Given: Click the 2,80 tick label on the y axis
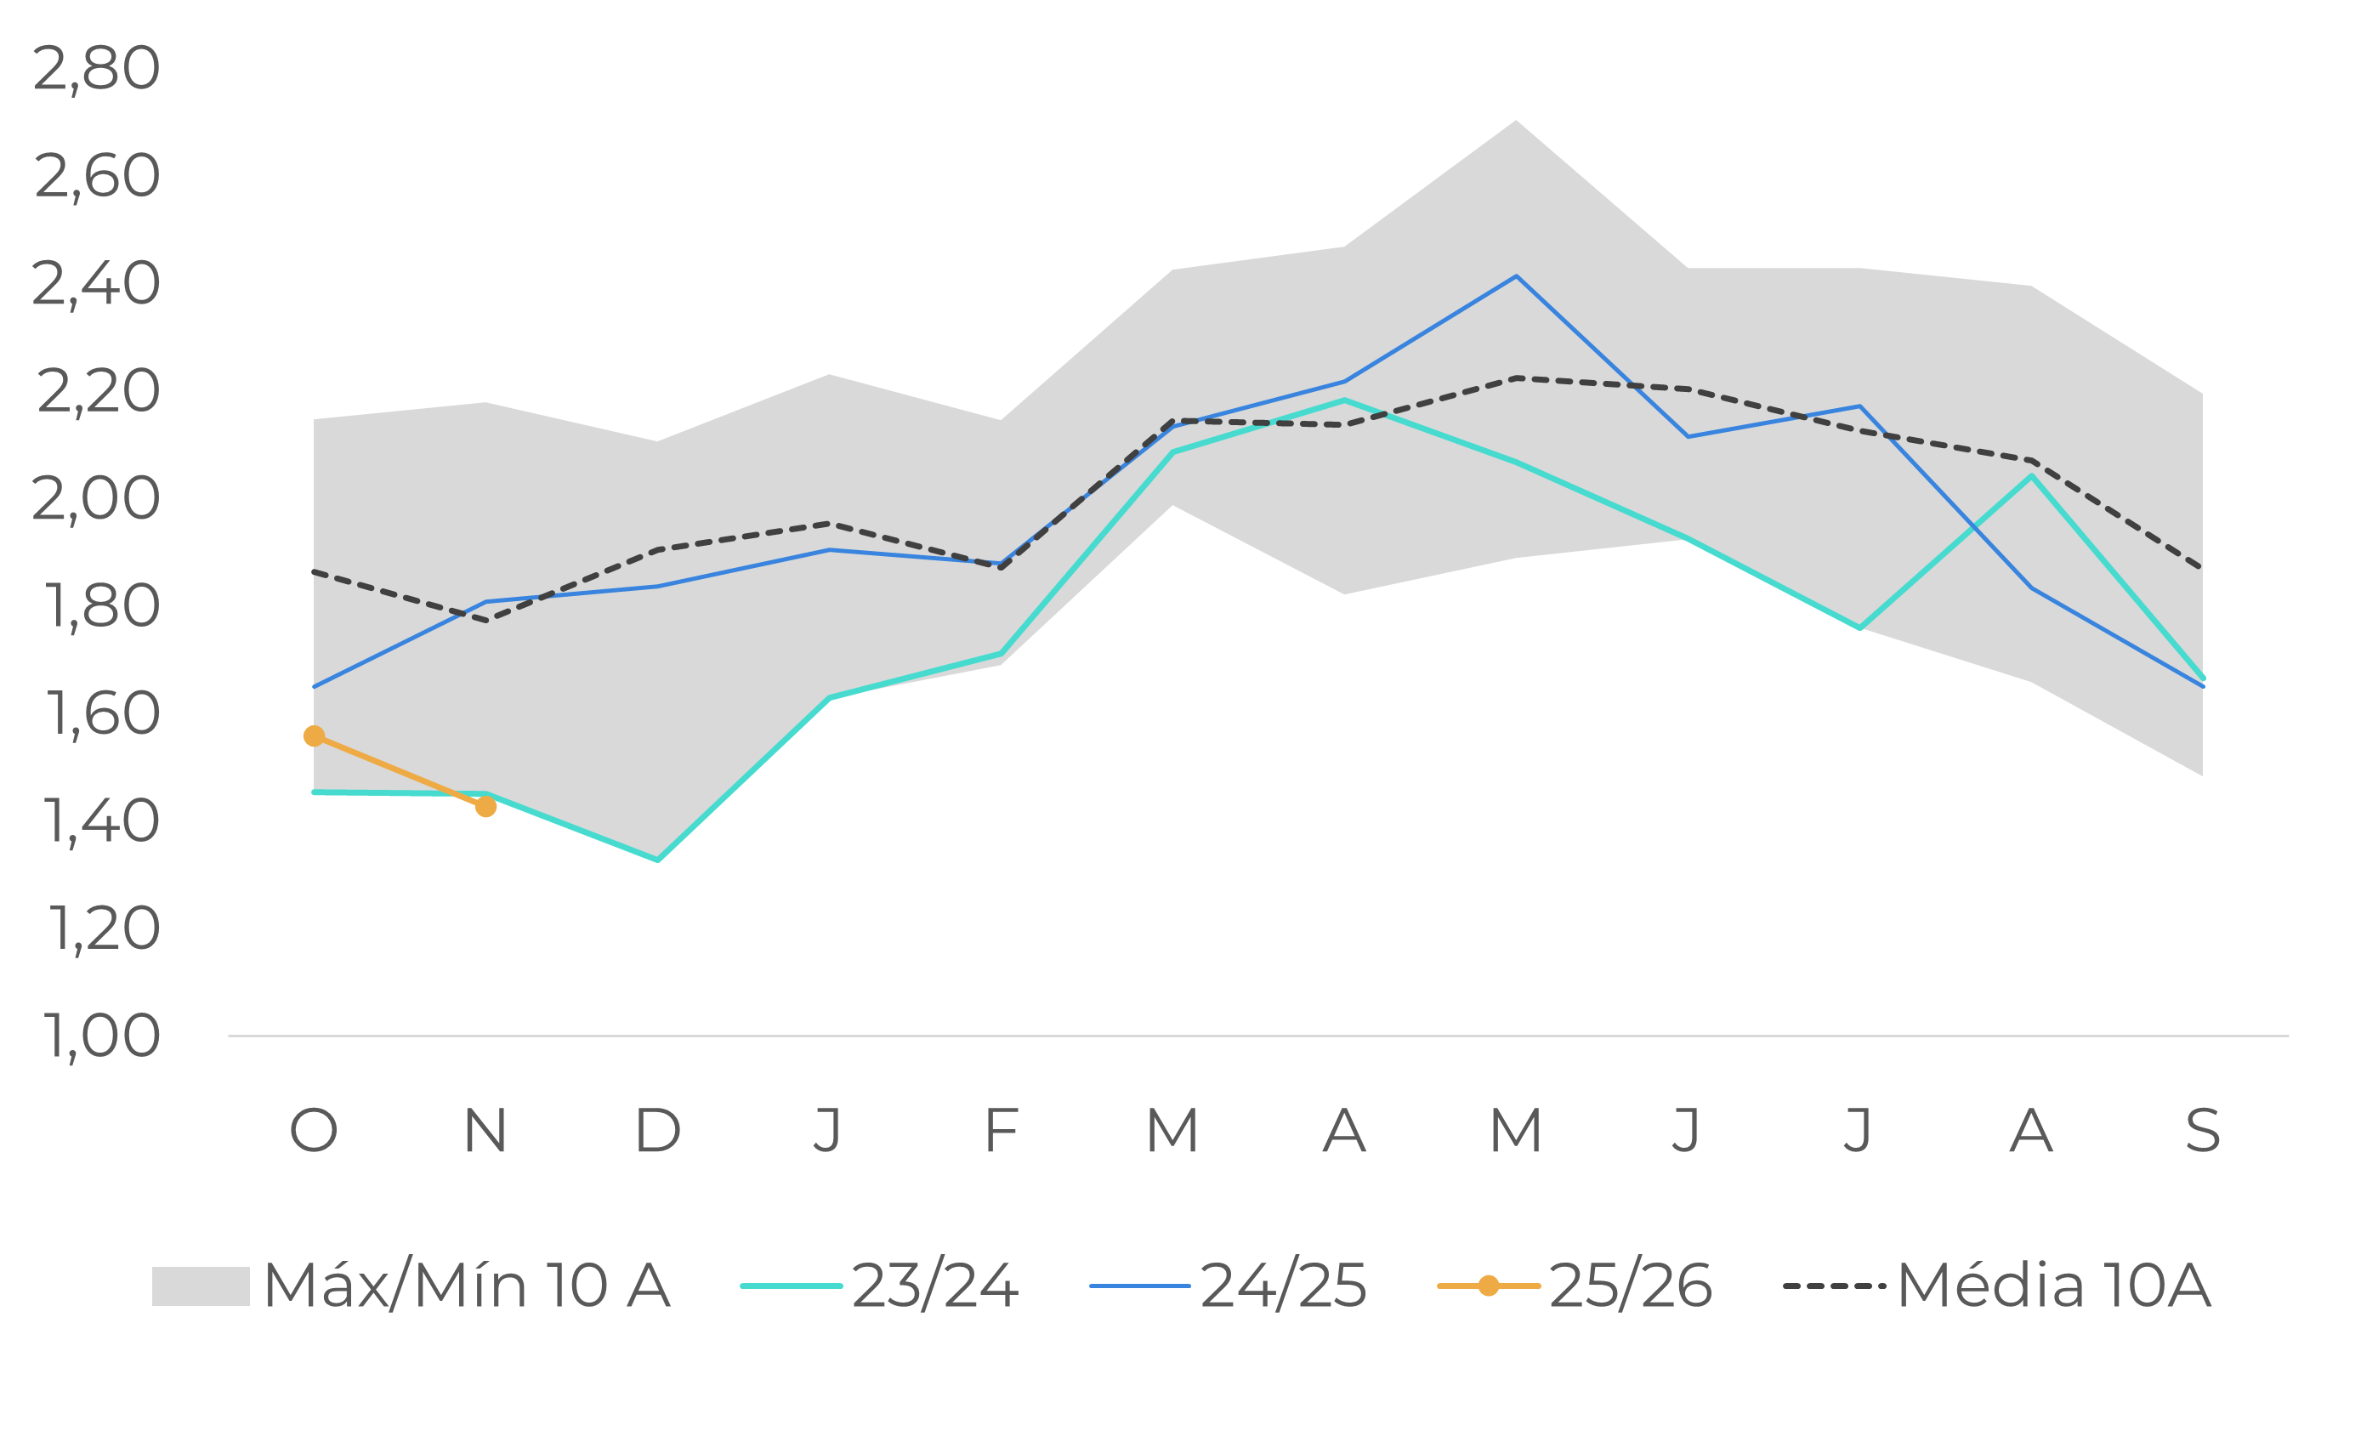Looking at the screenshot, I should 96,69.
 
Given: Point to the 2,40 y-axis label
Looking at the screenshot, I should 96,285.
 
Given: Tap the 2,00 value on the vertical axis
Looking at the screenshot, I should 96,499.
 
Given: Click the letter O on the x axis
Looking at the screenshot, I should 314,1131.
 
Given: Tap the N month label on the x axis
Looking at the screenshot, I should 485,1131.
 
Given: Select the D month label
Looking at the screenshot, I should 657,1131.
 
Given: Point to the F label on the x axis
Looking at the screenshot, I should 1001,1131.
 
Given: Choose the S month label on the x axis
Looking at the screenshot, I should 2203,1131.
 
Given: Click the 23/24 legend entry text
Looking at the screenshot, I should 934,1286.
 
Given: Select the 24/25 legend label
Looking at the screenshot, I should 1283,1286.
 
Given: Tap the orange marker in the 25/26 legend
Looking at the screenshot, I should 1488,1286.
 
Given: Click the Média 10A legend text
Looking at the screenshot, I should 2053,1286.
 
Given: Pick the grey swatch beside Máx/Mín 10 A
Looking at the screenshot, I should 201,1286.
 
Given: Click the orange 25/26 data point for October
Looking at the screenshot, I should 314,735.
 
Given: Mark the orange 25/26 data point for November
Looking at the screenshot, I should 485,807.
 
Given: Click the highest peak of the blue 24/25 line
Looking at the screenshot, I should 1516,276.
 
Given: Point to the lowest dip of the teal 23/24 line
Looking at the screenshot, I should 657,860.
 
